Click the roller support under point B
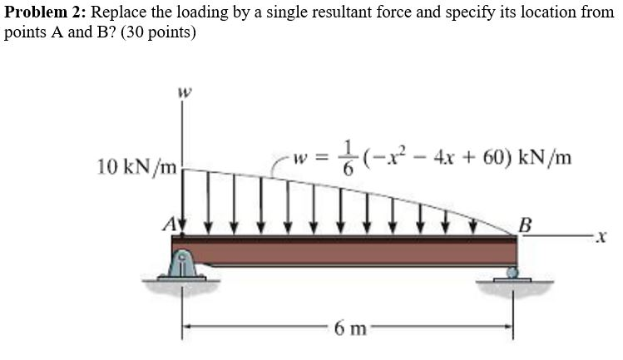[x=512, y=271]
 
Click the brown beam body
[x=349, y=249]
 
